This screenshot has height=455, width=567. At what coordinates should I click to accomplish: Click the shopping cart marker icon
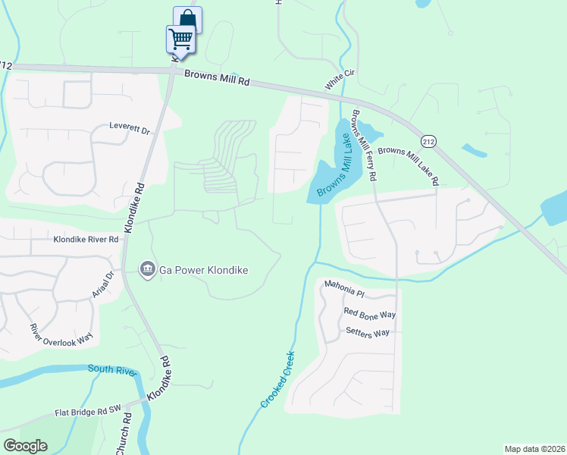coord(180,38)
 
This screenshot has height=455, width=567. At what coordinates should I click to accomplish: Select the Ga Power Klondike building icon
coord(147,269)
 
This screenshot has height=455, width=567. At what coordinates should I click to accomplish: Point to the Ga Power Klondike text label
coord(203,270)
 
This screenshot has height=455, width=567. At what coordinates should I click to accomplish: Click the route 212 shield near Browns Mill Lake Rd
coord(429,142)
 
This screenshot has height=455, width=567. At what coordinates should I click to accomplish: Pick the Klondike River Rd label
coord(86,240)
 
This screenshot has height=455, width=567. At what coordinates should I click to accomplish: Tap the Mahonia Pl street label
coord(345,285)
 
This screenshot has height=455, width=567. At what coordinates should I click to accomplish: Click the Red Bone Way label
coord(370,313)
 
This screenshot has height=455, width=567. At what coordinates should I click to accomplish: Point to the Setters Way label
coord(367,332)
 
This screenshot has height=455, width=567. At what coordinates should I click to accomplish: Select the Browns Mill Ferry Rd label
coord(365,149)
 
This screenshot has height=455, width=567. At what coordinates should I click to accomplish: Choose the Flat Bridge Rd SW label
coord(88,413)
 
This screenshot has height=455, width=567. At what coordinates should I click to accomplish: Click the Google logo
coord(25,446)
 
